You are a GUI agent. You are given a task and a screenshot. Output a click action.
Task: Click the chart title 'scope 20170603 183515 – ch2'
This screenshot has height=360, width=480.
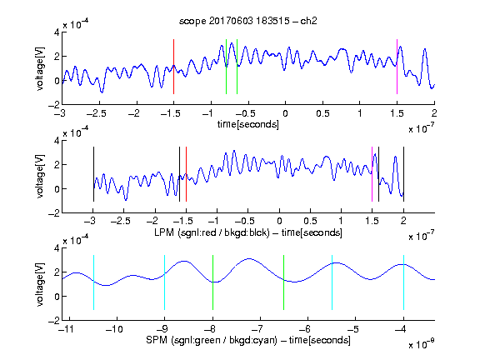tap(248, 21)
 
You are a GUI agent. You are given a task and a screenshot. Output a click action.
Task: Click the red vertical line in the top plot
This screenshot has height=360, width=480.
tap(173, 67)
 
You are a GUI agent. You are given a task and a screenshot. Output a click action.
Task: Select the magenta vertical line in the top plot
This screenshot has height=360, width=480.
tap(397, 67)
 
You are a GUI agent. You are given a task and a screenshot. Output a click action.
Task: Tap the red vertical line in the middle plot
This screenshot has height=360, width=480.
tap(186, 174)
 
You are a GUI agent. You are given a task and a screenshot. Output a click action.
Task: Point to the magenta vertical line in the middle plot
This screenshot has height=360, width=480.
tap(372, 174)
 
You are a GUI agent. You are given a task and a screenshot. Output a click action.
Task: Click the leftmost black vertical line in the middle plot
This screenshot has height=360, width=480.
tap(93, 174)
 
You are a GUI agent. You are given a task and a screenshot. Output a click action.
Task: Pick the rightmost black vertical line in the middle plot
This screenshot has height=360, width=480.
tap(403, 174)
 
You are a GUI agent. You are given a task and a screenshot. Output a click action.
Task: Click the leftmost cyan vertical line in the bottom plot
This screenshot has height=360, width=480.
tap(93, 282)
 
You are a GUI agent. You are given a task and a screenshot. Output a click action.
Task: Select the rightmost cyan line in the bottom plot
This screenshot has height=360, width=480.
tap(403, 282)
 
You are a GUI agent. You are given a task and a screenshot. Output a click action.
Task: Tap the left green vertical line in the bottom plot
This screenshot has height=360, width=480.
tap(212, 282)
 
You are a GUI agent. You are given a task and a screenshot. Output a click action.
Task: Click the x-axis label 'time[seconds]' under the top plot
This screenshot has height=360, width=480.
tap(248, 124)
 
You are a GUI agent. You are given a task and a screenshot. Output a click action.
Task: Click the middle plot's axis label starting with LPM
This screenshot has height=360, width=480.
tap(248, 232)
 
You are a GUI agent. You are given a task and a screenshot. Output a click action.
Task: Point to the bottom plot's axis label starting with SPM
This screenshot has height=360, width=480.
tap(248, 340)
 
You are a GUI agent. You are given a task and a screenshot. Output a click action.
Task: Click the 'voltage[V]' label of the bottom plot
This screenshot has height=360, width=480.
tap(40, 284)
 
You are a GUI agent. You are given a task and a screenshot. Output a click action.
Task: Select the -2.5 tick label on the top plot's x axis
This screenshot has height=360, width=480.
tap(97, 113)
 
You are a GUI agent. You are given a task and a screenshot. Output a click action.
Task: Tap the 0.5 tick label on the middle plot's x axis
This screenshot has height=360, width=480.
tap(310, 221)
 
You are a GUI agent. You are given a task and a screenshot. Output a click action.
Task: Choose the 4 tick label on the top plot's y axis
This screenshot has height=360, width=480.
tap(57, 32)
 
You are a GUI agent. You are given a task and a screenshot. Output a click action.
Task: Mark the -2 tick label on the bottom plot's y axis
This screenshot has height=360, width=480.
tap(54, 321)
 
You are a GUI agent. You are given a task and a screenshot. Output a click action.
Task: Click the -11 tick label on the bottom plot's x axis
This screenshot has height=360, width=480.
tap(67, 329)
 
